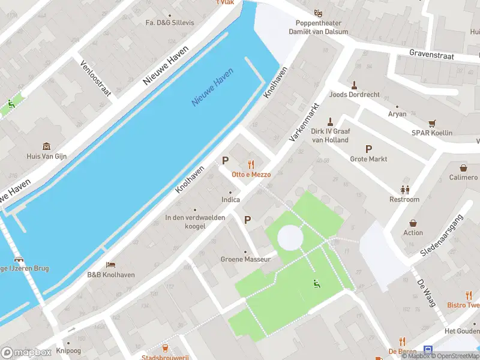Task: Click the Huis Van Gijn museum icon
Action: tap(46, 146)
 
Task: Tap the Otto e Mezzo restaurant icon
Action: tap(251, 164)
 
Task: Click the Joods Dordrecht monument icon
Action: tap(354, 85)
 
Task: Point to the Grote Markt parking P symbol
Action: tap(368, 149)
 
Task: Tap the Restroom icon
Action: tap(405, 189)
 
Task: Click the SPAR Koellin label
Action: tap(432, 133)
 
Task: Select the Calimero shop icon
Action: tap(463, 168)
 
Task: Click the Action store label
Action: tap(413, 233)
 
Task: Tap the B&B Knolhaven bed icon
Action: tap(110, 265)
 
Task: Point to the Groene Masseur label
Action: tap(246, 259)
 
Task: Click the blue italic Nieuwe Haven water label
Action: tap(212, 88)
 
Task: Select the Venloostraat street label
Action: tap(96, 78)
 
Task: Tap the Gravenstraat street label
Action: tap(431, 55)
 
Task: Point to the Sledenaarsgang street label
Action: tap(442, 236)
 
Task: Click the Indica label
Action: tap(230, 200)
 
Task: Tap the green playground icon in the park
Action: tap(317, 284)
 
